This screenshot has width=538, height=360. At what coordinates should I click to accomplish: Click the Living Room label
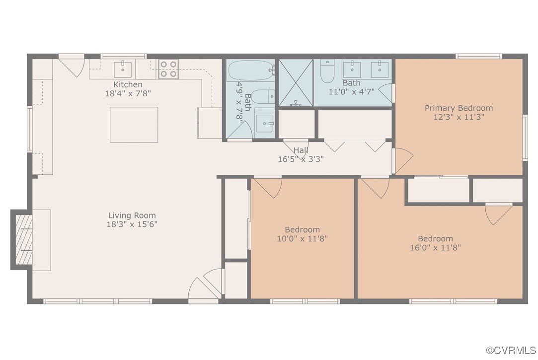click(132, 216)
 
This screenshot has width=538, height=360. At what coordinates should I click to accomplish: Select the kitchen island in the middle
click(134, 125)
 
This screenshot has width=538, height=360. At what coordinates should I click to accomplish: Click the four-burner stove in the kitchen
click(168, 69)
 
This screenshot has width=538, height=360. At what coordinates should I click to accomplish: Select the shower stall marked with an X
click(296, 82)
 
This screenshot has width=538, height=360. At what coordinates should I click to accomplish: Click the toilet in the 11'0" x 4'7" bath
click(327, 72)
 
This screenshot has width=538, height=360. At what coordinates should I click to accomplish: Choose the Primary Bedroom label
click(459, 108)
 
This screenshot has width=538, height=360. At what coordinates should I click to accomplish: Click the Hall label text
click(301, 150)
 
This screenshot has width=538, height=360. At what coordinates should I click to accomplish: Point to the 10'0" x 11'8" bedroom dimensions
click(302, 238)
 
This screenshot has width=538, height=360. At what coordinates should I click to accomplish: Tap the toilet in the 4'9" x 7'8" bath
click(261, 96)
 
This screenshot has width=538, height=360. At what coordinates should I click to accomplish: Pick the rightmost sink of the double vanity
click(381, 70)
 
